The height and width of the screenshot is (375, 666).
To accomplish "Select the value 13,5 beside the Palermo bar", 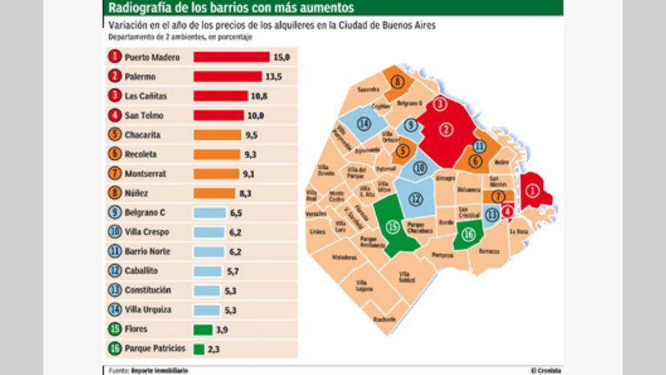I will (x=273, y=77).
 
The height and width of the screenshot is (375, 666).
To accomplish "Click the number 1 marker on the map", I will (x=532, y=191).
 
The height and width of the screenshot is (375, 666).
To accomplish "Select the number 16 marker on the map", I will (x=468, y=234).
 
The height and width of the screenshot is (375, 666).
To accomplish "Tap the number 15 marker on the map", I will (x=393, y=227).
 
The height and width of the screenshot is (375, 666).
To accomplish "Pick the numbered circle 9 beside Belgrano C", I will (x=115, y=213).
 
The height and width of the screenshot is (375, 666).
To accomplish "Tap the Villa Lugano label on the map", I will (x=365, y=286).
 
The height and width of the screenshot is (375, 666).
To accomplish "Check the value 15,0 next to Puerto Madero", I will (x=281, y=58).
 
